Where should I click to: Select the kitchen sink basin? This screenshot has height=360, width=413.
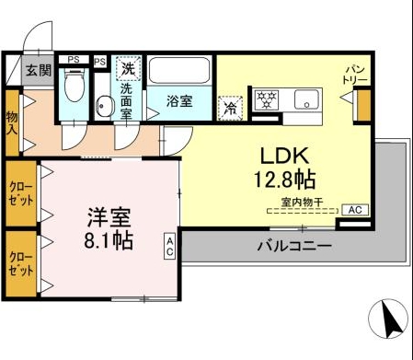[304, 99]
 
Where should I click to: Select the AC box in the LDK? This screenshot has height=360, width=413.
[355, 210]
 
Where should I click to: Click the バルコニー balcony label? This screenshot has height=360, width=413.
[293, 247]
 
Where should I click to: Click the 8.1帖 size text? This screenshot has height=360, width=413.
[109, 242]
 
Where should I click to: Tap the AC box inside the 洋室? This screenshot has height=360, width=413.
[171, 245]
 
